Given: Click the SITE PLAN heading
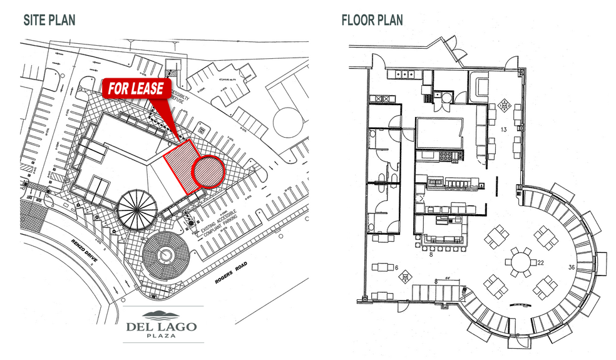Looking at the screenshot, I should point(49,20).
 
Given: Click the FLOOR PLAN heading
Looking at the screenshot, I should point(372,20).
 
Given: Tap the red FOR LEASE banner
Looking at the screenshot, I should point(136,88).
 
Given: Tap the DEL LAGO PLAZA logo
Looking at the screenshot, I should point(161,322).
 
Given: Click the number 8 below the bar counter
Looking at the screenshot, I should point(431,255).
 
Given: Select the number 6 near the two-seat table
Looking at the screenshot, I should point(396,267).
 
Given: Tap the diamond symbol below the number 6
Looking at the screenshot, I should point(406,276).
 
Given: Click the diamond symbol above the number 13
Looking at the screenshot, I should point(504,106).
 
